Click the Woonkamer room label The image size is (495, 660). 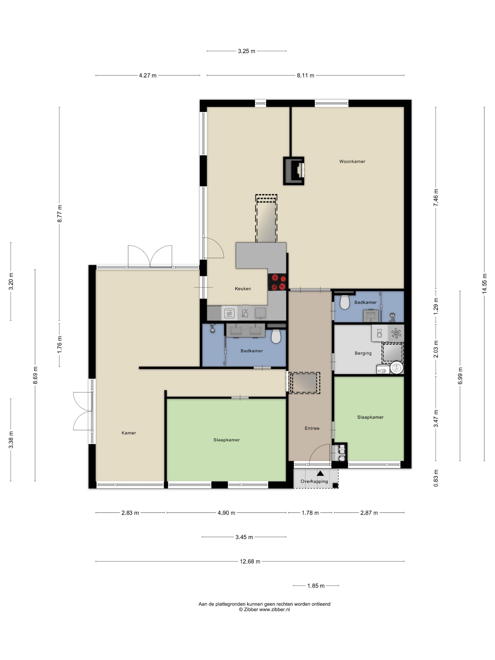coord(352,161)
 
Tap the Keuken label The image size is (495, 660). coord(243,289)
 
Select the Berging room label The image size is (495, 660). coord(363,353)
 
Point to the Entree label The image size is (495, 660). coord(312,428)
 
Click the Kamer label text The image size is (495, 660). coord(129,433)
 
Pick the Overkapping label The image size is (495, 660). coord(314,481)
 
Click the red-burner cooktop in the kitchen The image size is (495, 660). coord(277,282)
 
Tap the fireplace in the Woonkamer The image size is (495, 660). coord(294,171)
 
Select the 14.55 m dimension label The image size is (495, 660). coord(484,284)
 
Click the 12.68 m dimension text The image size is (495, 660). coord(250,561)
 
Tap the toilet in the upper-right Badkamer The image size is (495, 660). coord(345,303)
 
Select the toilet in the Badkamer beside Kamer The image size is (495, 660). coord(276,337)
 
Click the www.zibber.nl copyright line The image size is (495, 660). coord(264,610)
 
